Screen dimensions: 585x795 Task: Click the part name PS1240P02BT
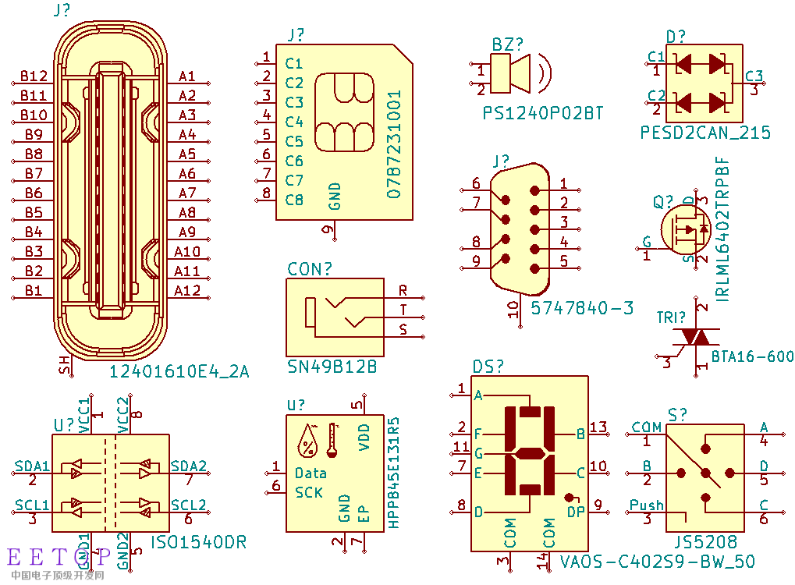pos(543,113)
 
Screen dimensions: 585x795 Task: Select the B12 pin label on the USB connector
pos(34,76)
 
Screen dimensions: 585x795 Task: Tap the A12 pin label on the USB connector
pos(187,291)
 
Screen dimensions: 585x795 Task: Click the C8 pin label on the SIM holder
pos(294,200)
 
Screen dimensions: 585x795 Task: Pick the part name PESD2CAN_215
pos(705,133)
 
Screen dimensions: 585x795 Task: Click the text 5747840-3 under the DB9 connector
pos(582,308)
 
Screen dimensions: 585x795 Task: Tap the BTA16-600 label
pos(752,356)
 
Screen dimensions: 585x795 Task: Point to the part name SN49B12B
pos(332,366)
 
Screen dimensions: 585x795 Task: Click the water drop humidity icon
pos(308,441)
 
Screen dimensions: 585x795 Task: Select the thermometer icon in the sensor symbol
pos(333,441)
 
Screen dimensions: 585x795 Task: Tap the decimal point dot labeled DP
pos(569,497)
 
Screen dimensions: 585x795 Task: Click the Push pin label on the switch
pos(646,505)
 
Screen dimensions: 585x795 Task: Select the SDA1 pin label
pos(32,466)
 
